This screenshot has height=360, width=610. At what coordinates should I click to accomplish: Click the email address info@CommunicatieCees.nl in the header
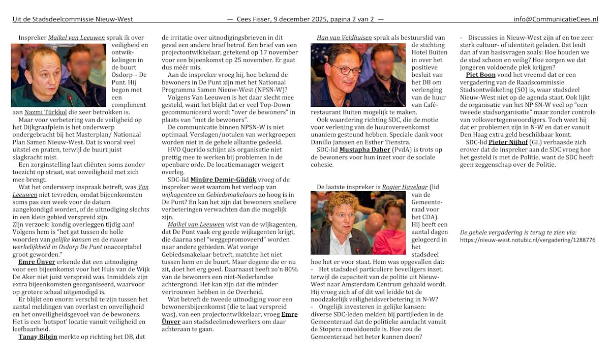pyautogui.click(x=556, y=19)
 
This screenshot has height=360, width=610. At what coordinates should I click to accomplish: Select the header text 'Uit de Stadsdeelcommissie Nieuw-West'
pyautogui.click(x=73, y=19)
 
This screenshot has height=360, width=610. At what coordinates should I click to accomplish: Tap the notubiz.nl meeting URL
pyautogui.click(x=527, y=239)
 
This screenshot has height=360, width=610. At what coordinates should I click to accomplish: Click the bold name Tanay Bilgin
pyautogui.click(x=38, y=337)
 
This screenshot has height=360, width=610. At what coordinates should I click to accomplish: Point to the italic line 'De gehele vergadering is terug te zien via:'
pyautogui.click(x=518, y=232)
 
